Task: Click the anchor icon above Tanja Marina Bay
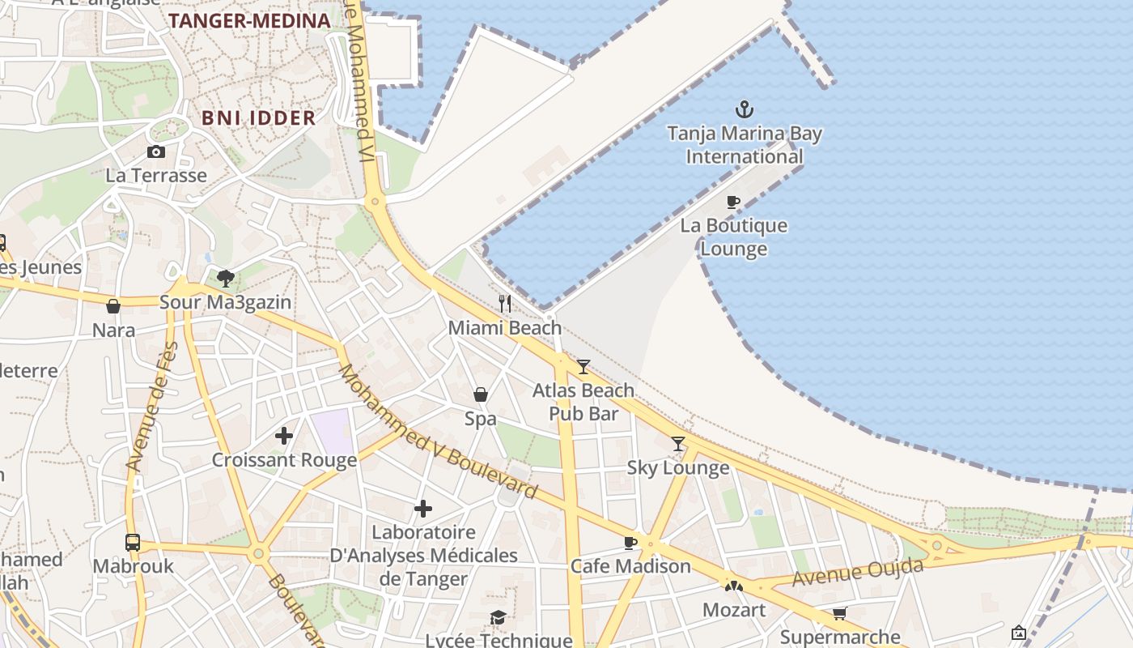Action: click(744, 109)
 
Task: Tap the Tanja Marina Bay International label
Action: click(744, 145)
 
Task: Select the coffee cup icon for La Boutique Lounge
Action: click(733, 202)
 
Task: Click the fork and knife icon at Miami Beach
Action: click(505, 304)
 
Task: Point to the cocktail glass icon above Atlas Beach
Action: click(583, 367)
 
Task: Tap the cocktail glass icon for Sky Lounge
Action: click(678, 444)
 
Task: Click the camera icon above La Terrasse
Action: click(156, 151)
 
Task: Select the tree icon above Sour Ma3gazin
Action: click(226, 279)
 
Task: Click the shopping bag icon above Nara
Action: click(113, 306)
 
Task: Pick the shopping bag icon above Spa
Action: click(481, 394)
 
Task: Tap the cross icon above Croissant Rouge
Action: click(284, 436)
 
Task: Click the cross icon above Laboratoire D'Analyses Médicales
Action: click(423, 509)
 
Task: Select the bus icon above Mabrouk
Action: click(133, 542)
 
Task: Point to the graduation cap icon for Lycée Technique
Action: click(498, 618)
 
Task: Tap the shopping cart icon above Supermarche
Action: click(840, 614)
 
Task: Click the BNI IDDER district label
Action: click(258, 118)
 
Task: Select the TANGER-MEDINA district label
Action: click(249, 21)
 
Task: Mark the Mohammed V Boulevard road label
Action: click(437, 432)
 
